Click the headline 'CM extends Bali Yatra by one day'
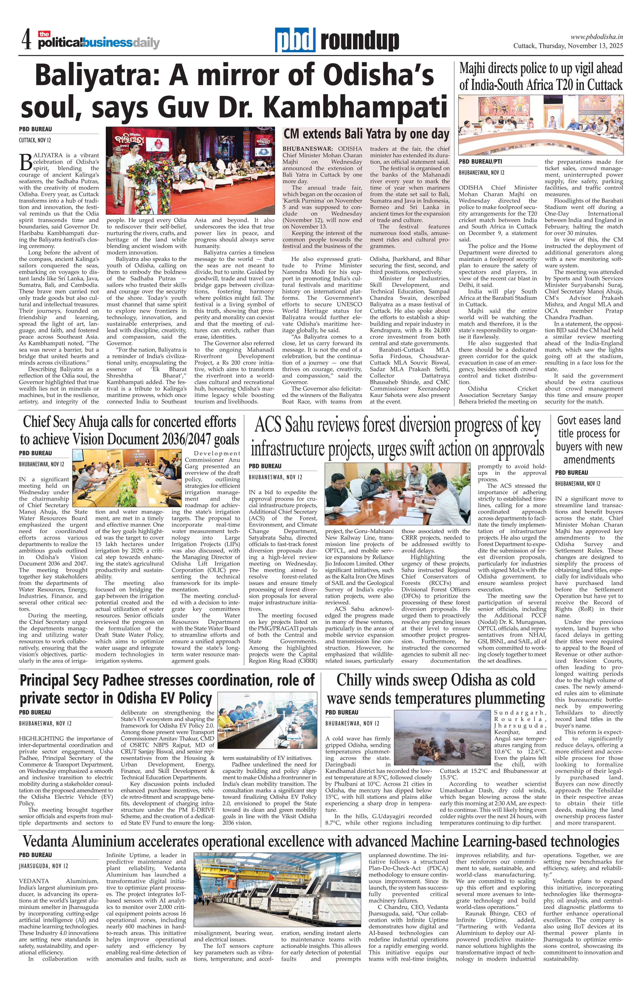366,134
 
